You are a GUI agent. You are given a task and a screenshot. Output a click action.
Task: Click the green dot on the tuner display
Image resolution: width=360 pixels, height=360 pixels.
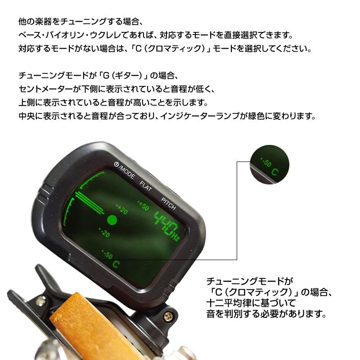tap(112, 220)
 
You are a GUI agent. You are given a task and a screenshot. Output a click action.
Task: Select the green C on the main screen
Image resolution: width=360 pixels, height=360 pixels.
tap(116, 264)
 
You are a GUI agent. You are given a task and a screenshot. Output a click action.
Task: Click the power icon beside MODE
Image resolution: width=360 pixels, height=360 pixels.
tap(116, 165)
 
